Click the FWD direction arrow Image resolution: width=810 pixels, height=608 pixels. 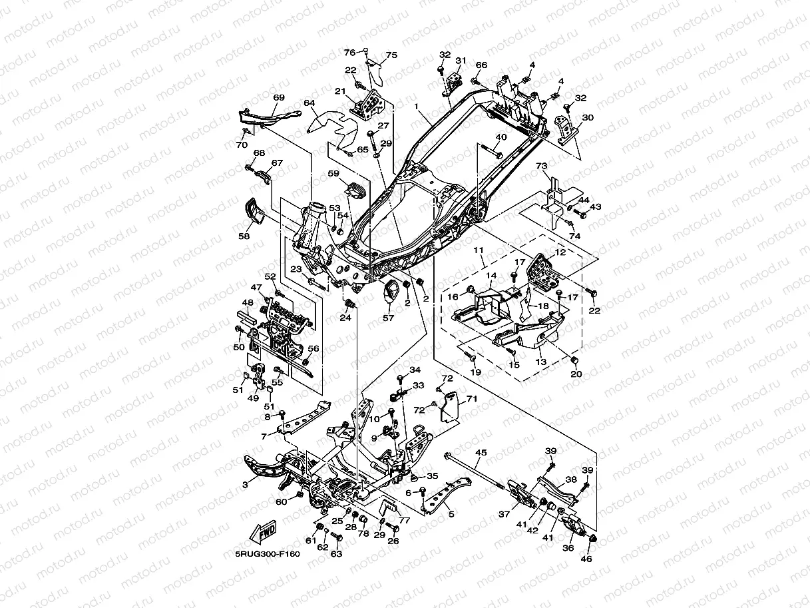[x=264, y=531]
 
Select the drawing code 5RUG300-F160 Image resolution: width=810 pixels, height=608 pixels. [x=268, y=554]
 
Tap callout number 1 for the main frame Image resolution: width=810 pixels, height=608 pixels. [x=417, y=107]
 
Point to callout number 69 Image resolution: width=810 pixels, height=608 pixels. [x=279, y=98]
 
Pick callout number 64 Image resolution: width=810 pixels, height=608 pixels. [x=309, y=103]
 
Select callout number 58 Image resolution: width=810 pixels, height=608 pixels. [x=244, y=236]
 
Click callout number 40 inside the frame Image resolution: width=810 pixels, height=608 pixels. [x=501, y=137]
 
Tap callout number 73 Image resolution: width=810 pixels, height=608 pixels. [x=542, y=165]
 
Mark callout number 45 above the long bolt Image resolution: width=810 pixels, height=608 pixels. [x=481, y=453]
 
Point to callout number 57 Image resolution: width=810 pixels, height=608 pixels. [x=388, y=318]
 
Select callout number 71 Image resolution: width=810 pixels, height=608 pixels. [x=472, y=399]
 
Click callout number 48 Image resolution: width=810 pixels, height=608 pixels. [x=248, y=302]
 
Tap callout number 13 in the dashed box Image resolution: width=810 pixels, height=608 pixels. [x=540, y=362]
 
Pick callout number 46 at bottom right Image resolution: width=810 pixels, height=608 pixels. [x=586, y=559]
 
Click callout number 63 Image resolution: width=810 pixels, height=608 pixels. [x=336, y=553]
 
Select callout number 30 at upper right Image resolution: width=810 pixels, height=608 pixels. [x=587, y=117]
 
